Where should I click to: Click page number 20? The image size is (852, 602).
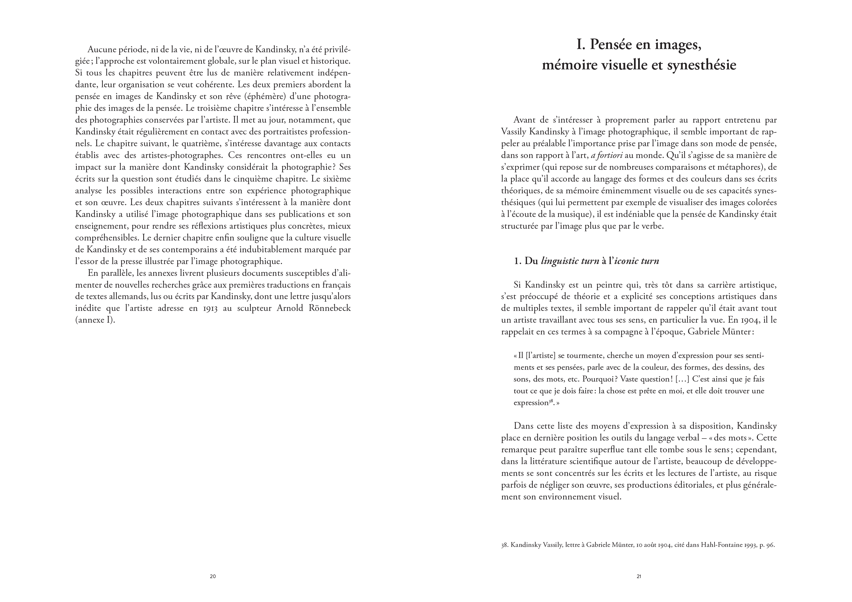pyautogui.click(x=213, y=577)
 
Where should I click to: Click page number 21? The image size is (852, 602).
pyautogui.click(x=639, y=577)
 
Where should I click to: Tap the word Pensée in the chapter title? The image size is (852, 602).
pyautogui.click(x=610, y=45)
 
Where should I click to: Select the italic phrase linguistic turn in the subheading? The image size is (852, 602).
pyautogui.click(x=570, y=261)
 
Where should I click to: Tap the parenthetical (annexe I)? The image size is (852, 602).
pyautogui.click(x=95, y=320)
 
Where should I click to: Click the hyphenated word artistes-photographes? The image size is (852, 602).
pyautogui.click(x=182, y=155)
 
